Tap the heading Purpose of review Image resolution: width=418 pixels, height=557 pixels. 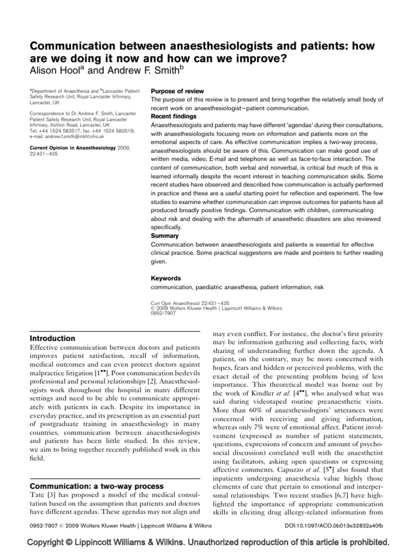[177, 91]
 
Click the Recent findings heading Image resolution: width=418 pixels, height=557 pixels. [174, 116]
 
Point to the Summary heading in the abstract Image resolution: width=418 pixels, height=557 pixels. [164, 236]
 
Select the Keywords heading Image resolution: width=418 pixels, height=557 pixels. [165, 278]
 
